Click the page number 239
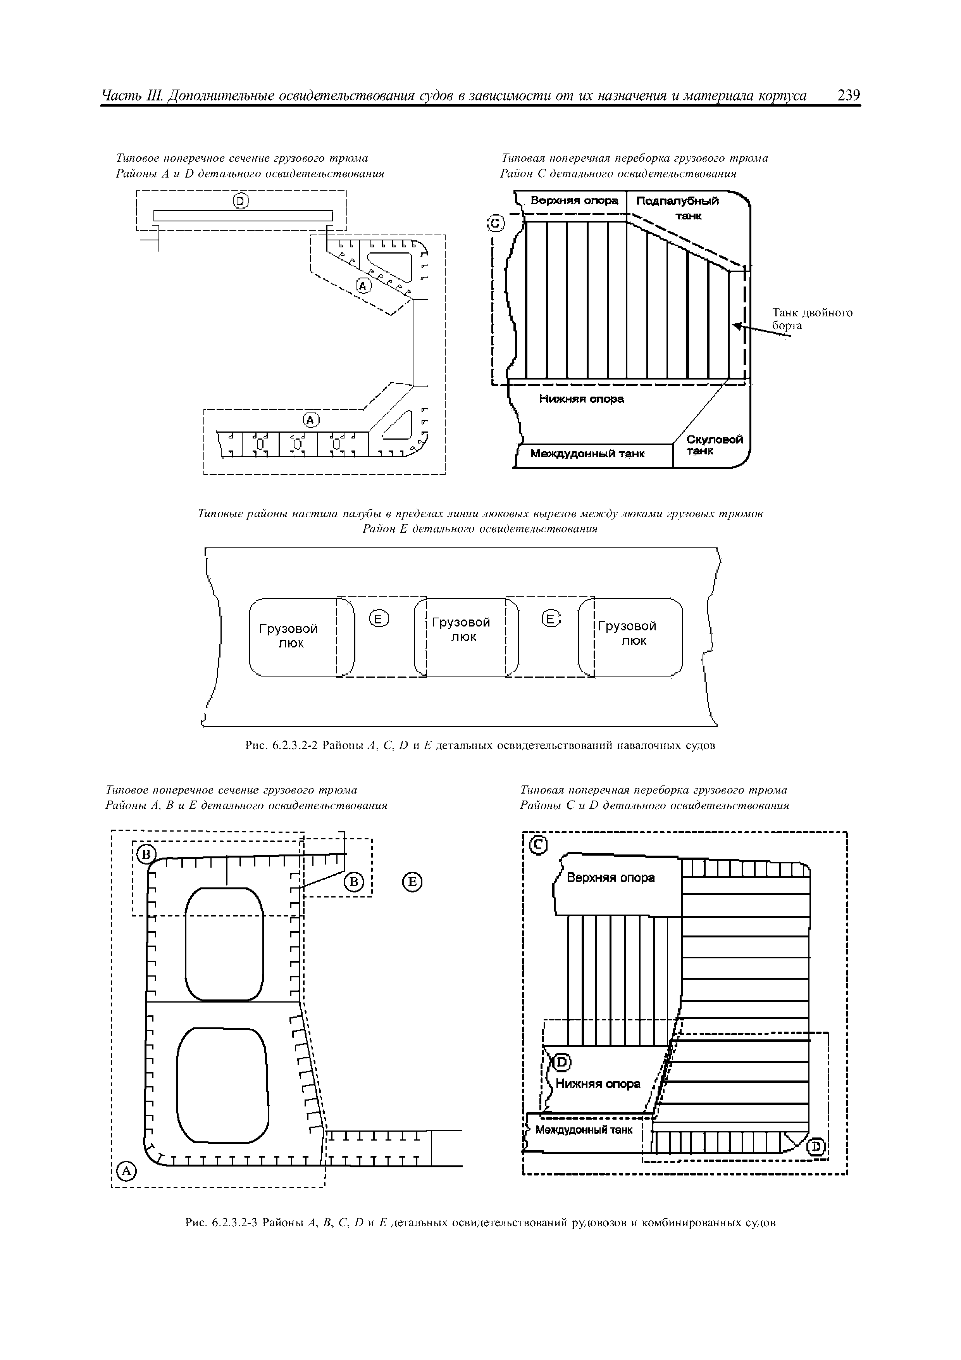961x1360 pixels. (x=849, y=96)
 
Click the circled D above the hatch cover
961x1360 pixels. (x=240, y=201)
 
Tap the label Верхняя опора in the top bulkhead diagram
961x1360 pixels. (x=574, y=201)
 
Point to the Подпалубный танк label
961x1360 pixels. (x=678, y=207)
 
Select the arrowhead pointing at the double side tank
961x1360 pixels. (x=737, y=325)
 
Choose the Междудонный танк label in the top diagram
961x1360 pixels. (x=587, y=454)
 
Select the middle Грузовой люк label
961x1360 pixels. (x=461, y=629)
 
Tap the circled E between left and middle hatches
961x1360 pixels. (x=379, y=620)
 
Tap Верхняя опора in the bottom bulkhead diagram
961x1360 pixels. (x=610, y=878)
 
